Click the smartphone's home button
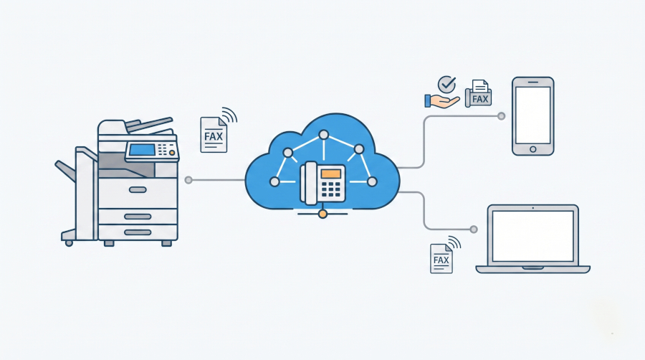(532, 149)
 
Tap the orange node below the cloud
(323, 214)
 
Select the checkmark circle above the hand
(446, 85)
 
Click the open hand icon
(441, 101)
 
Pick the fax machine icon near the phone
(479, 93)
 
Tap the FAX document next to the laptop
(441, 258)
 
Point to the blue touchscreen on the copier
(142, 150)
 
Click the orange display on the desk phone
(331, 174)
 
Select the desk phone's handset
(309, 183)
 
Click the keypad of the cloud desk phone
(330, 189)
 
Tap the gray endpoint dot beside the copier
(188, 180)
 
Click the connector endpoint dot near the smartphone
(501, 116)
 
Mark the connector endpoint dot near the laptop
(474, 229)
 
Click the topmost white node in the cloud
(324, 135)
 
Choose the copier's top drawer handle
(138, 189)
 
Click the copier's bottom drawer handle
(138, 232)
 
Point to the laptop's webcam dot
(532, 208)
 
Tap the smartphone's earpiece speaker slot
(532, 82)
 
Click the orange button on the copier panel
(172, 153)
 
